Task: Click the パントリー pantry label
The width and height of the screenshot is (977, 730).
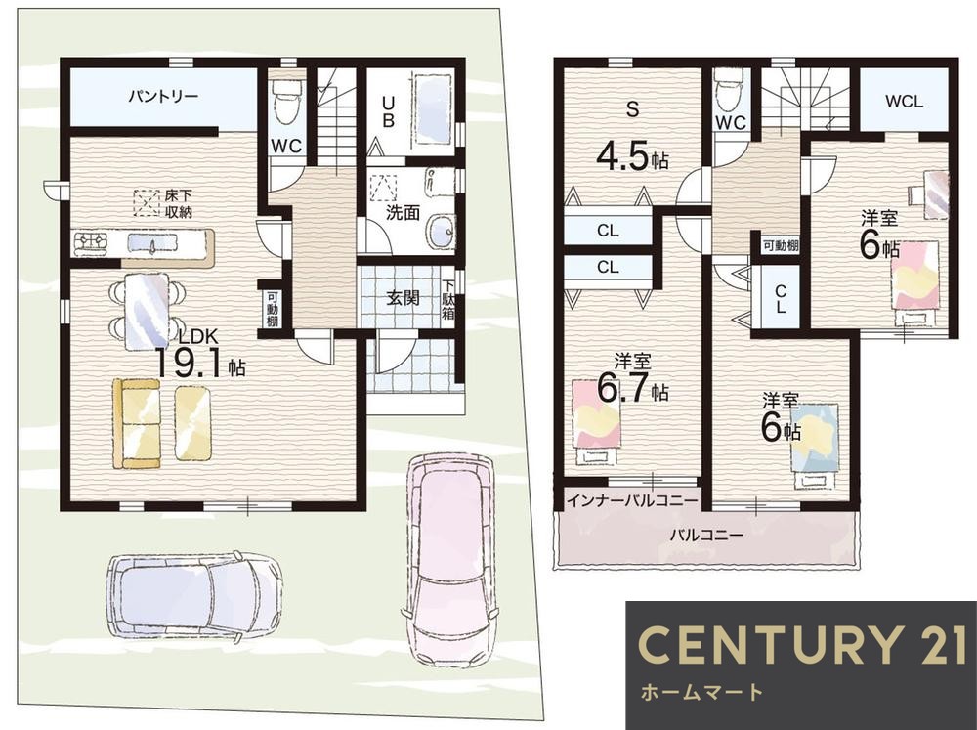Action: (x=163, y=97)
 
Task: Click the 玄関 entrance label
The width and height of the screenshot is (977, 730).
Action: (x=403, y=298)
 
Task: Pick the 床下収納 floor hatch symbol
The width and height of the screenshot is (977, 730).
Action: (x=147, y=203)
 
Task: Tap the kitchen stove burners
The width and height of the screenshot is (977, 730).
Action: (x=92, y=242)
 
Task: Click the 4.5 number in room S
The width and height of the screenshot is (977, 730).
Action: (x=622, y=156)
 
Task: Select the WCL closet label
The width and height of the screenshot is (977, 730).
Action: (x=904, y=101)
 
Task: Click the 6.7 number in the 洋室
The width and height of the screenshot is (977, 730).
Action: (x=623, y=388)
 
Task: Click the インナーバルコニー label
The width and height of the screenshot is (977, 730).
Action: (x=632, y=500)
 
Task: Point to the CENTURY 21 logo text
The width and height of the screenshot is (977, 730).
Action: (x=801, y=644)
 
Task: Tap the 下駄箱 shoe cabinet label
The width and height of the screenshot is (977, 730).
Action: (x=448, y=299)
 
